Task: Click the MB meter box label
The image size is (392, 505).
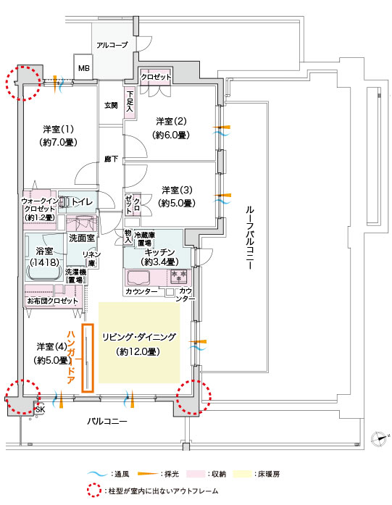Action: (x=84, y=68)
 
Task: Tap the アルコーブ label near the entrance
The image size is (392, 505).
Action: (x=112, y=45)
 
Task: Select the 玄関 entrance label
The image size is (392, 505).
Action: (x=111, y=105)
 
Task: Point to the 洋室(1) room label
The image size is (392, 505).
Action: (x=58, y=130)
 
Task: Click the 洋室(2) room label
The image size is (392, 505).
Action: (x=171, y=122)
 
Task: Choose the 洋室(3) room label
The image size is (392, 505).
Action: (x=177, y=190)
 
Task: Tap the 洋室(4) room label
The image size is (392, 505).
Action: (x=52, y=346)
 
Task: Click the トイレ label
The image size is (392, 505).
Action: (x=82, y=202)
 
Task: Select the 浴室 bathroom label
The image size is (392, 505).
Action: (x=44, y=251)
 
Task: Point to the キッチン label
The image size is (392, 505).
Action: (x=159, y=252)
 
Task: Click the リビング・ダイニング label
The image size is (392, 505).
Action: (x=139, y=337)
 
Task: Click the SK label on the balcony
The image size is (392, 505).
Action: (x=41, y=409)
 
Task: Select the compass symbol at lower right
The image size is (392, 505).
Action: (x=379, y=438)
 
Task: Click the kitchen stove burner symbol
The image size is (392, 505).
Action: (x=179, y=277)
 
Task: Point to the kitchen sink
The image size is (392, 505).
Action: (x=139, y=278)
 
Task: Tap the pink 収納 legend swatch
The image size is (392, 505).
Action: (x=196, y=474)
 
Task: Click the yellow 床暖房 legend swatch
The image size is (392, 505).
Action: (x=243, y=474)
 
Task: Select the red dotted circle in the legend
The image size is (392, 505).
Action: (x=94, y=491)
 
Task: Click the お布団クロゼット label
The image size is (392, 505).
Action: (x=53, y=301)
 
